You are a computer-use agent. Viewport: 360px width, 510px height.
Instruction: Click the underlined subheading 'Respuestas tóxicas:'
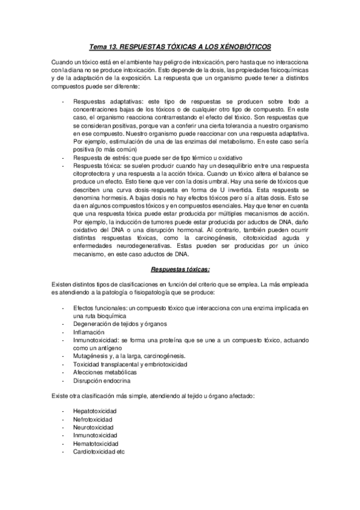tap(180, 269)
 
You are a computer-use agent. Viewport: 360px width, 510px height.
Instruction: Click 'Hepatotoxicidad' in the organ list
tap(94, 411)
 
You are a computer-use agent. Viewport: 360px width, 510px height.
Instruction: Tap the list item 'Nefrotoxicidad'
tap(93, 419)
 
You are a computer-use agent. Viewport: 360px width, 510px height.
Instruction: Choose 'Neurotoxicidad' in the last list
tap(93, 427)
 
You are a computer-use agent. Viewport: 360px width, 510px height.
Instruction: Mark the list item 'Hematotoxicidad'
tap(95, 443)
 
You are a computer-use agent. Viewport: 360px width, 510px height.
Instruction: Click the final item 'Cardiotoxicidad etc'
tap(99, 451)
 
